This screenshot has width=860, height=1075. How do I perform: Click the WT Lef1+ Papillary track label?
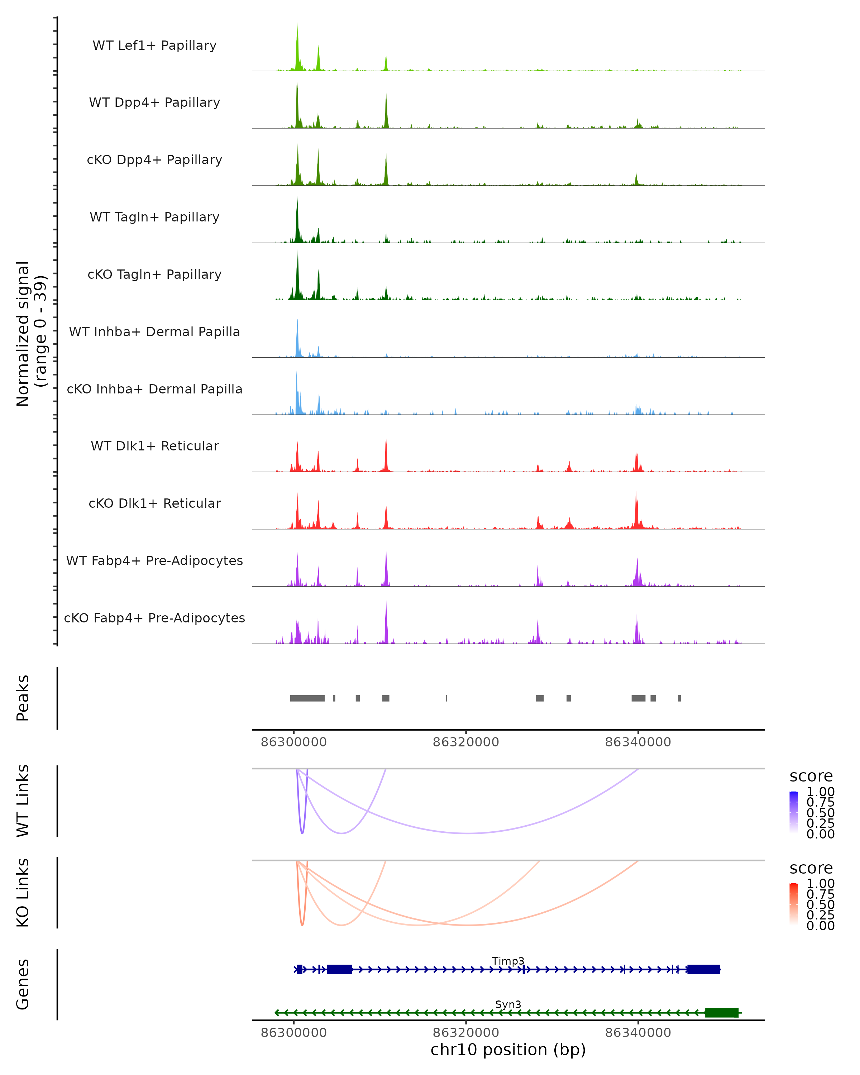pos(154,46)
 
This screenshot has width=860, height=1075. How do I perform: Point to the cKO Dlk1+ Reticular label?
pos(154,503)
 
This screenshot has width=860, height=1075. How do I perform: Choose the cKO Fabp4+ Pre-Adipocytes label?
pos(154,618)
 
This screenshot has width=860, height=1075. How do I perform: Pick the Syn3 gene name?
pos(508,1004)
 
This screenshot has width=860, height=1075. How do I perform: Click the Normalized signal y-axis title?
pos(31,334)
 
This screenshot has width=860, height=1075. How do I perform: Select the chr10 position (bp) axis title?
pos(508,1050)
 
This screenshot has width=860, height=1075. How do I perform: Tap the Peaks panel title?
pos(23,698)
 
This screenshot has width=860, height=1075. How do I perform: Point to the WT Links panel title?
pos(23,801)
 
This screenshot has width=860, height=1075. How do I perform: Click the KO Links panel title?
pos(23,893)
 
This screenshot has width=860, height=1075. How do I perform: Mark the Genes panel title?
pos(23,984)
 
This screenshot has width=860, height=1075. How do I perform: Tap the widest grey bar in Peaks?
pos(307,698)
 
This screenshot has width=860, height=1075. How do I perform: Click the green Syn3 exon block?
pos(721,1013)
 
